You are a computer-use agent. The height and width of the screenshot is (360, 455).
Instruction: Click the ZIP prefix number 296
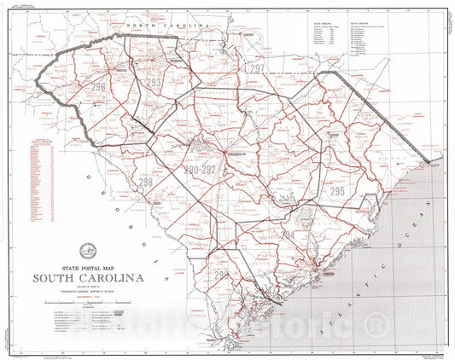[x=100, y=87]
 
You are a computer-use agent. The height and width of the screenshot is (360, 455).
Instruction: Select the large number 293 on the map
[x=154, y=82]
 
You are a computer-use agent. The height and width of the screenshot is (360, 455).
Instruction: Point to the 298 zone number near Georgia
[x=146, y=182]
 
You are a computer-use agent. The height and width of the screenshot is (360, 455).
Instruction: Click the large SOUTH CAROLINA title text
[x=89, y=278]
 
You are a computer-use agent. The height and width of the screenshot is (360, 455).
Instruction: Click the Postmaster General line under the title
[x=89, y=291]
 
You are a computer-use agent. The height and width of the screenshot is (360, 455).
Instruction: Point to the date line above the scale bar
[x=89, y=297]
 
